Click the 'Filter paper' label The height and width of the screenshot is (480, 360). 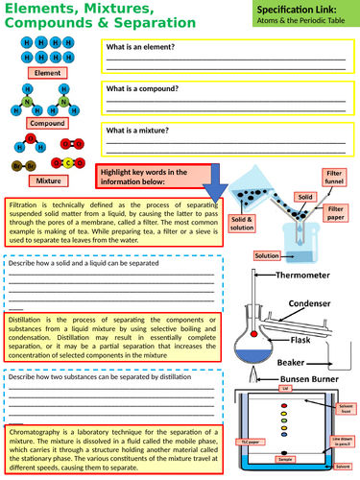point(336,212)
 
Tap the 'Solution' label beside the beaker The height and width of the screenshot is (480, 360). point(267,255)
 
